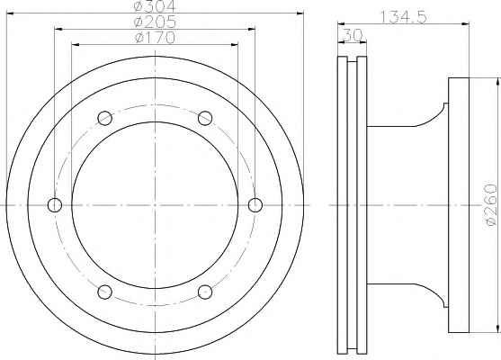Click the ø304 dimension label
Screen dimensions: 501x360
[155, 5]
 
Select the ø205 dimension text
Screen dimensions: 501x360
[156, 22]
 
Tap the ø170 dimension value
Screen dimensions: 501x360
[156, 38]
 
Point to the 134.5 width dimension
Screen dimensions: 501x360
[403, 17]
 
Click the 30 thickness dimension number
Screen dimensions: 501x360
[352, 35]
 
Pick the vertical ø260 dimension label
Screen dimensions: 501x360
[491, 205]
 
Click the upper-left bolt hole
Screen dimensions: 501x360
[105, 118]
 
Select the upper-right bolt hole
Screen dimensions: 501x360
[205, 118]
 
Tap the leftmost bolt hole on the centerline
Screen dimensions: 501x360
[55, 205]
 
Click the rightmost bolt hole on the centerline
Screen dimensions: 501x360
[255, 205]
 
